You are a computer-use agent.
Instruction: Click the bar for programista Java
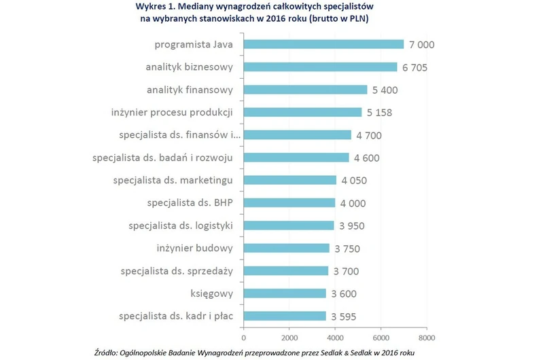pyautogui.click(x=323, y=45)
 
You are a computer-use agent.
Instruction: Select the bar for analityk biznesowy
pyautogui.click(x=320, y=67)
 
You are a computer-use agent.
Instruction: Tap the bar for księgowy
pyautogui.click(x=285, y=293)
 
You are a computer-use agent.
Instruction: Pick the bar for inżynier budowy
pyautogui.click(x=286, y=248)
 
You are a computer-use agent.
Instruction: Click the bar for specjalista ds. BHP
pyautogui.click(x=289, y=202)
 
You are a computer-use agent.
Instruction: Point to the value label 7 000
pyautogui.click(x=421, y=45)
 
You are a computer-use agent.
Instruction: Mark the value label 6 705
pyautogui.click(x=414, y=67)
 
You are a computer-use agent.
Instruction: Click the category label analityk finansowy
pyautogui.click(x=190, y=90)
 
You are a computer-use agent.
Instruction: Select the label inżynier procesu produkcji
pyautogui.click(x=173, y=112)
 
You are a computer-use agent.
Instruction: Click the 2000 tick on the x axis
pyautogui.click(x=289, y=337)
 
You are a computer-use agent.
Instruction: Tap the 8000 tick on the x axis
pyautogui.click(x=426, y=337)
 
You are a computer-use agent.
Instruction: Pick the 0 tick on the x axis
pyautogui.click(x=243, y=337)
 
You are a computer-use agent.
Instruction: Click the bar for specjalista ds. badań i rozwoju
pyautogui.click(x=296, y=158)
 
